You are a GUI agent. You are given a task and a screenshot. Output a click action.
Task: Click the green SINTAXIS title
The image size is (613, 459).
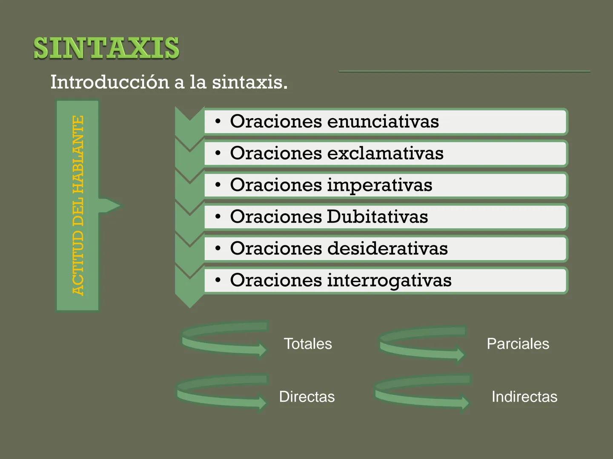coord(106,48)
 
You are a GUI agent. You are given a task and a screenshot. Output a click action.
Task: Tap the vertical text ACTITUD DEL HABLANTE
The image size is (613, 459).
coord(78,206)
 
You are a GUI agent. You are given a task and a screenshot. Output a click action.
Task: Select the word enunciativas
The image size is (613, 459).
coord(383,122)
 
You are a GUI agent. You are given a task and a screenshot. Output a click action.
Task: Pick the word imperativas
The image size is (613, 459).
coord(379,185)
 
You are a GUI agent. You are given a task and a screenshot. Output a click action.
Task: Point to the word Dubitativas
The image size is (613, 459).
coord(377,217)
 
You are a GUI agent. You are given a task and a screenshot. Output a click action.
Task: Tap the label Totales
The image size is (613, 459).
coord(308,344)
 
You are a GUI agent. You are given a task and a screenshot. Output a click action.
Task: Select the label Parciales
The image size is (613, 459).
coord(518,344)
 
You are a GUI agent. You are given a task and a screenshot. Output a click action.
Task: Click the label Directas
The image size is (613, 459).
coord(306,397)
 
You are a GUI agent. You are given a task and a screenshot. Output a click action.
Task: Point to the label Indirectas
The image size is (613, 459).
coord(524,397)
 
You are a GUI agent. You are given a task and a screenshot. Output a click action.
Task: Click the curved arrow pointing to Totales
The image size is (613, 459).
coord(225,340)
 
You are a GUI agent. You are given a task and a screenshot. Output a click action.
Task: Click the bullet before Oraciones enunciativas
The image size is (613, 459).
coord(218,122)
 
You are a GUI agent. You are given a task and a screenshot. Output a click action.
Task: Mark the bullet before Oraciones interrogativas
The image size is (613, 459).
coord(218,280)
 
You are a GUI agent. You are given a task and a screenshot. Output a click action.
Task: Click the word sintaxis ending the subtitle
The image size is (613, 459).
coord(249,82)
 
